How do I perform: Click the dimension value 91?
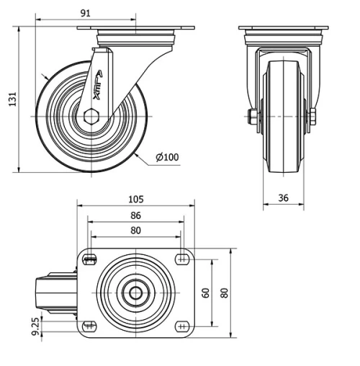[86, 12]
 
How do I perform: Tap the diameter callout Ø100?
[167, 156]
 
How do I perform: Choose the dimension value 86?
[136, 215]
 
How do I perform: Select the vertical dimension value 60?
[205, 293]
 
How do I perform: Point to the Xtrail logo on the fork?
[97, 81]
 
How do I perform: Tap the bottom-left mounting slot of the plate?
[90, 325]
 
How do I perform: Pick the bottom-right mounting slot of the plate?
[181, 325]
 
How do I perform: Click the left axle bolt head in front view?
[253, 117]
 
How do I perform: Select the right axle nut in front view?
[313, 117]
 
